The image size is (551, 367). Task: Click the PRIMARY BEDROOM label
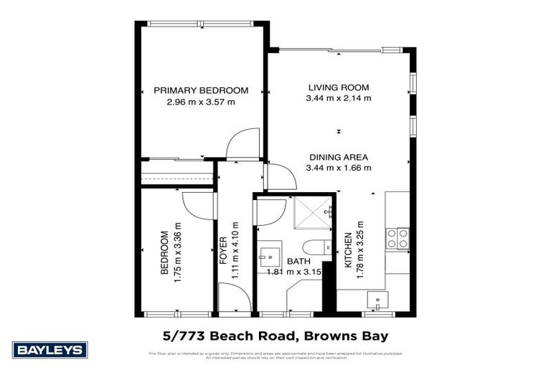[201, 90]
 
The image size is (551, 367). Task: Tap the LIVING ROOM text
[339, 86]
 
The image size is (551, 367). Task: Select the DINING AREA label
[339, 157]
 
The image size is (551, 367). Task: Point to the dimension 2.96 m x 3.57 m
[201, 102]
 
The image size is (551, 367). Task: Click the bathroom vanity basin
[271, 256]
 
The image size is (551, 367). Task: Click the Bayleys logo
[50, 350]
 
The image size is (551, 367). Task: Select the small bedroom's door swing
[197, 206]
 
